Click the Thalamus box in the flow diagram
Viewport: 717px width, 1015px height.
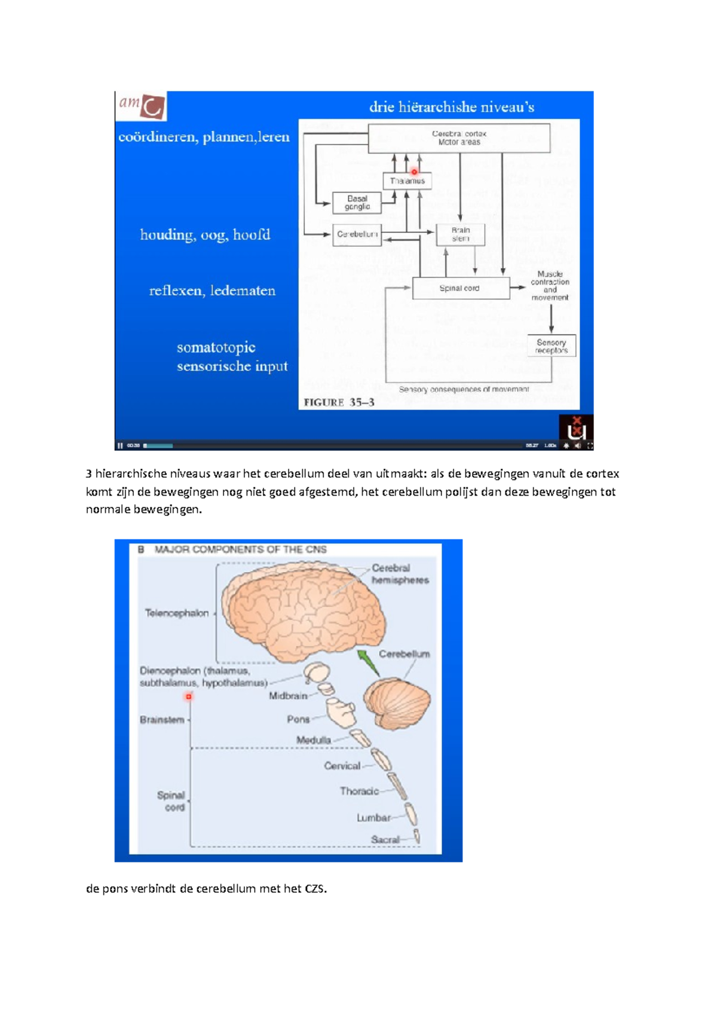(x=407, y=181)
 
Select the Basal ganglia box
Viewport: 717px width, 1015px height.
(x=357, y=203)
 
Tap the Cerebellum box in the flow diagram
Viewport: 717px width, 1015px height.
(x=357, y=234)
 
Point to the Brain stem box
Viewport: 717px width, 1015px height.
(x=460, y=234)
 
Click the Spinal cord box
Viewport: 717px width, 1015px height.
(x=460, y=288)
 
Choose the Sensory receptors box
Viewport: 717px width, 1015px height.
(x=551, y=346)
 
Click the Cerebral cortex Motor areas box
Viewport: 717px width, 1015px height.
(x=459, y=138)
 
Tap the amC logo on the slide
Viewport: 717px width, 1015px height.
(x=141, y=106)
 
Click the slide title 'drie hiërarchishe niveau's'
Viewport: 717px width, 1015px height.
(x=451, y=107)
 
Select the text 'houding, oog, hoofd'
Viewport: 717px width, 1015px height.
(x=205, y=234)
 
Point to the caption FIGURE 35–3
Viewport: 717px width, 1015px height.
(x=339, y=402)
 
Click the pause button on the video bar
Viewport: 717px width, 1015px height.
(x=120, y=445)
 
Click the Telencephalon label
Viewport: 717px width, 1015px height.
(x=177, y=613)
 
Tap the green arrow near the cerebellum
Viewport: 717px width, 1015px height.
(x=367, y=662)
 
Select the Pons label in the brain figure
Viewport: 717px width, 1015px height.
(x=298, y=719)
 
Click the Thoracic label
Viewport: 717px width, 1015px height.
(x=359, y=791)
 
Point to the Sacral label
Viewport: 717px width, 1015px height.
(x=385, y=839)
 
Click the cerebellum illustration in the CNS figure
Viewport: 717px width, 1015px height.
(x=397, y=704)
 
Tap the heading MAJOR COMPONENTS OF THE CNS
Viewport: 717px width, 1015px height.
(x=240, y=549)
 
